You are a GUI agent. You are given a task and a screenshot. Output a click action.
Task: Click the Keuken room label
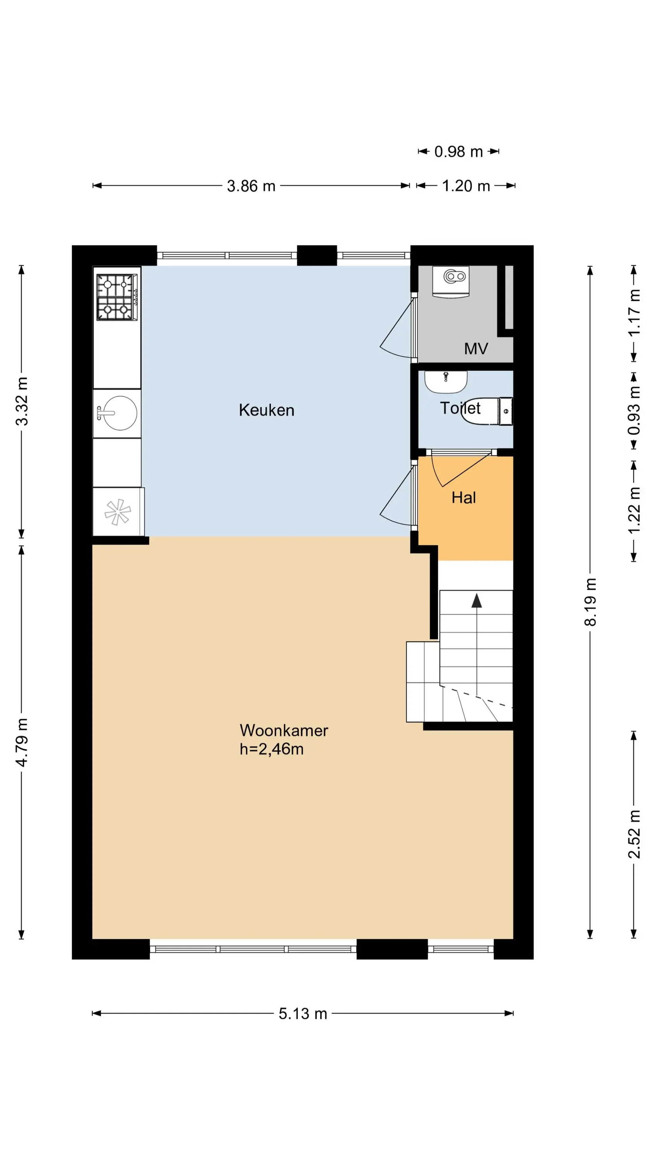266,410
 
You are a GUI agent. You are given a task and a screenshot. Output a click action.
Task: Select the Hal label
463,497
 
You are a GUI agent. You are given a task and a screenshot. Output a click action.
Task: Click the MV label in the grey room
476,348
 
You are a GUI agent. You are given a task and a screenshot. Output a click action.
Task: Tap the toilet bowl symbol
486,411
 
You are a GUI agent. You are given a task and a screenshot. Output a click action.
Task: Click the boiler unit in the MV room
451,281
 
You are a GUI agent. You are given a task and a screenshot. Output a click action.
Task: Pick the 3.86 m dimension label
251,186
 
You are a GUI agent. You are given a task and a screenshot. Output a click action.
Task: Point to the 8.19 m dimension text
590,602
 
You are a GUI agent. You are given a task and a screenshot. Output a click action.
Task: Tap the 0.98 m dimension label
458,151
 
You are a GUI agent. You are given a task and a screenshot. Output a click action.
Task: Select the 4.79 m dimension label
22,742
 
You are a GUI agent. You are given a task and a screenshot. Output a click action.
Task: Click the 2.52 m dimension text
634,834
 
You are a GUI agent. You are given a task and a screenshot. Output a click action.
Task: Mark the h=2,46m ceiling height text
271,749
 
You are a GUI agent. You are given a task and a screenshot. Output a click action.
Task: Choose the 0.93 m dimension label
634,410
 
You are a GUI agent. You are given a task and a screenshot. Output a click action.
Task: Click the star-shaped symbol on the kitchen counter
118,512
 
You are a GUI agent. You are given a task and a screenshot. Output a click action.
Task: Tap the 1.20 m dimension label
466,186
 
